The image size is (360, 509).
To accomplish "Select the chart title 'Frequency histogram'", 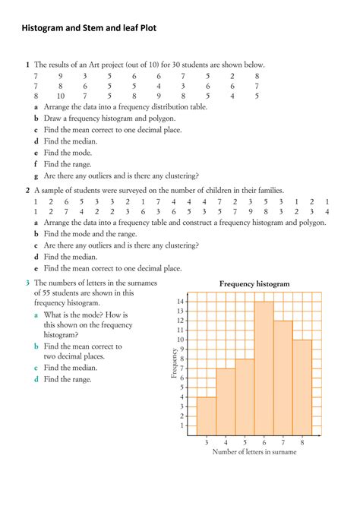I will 254,283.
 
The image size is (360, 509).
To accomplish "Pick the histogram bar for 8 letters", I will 302,387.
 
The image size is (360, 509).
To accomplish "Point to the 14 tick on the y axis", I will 181,302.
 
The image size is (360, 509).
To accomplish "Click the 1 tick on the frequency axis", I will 182,425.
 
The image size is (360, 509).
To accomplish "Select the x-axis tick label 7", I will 283,441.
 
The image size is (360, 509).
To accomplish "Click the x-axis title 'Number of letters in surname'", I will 254,452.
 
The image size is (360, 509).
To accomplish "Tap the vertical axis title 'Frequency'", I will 174,363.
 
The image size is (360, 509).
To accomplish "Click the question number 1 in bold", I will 27,65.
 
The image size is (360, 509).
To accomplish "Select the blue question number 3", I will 27,283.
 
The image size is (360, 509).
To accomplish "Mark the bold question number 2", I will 27,190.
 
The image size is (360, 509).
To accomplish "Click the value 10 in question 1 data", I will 60,96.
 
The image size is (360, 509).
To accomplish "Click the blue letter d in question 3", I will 36,379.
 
